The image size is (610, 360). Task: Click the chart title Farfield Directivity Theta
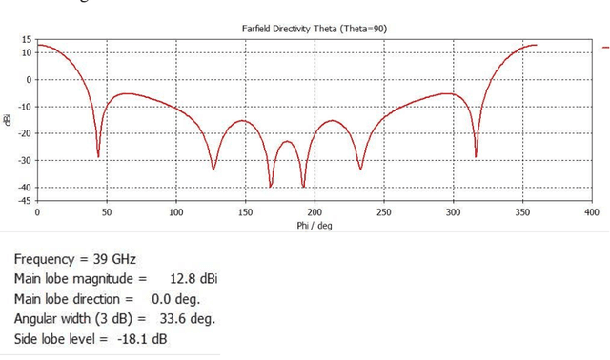click(314, 29)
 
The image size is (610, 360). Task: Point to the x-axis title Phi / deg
click(314, 225)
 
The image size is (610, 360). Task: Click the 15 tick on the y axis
click(27, 39)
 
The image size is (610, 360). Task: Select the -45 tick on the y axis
click(24, 201)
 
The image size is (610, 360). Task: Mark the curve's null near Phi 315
click(476, 156)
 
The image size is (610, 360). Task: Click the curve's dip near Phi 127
click(213, 170)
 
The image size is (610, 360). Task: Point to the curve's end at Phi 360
click(537, 45)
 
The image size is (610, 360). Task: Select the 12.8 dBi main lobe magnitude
click(193, 279)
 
